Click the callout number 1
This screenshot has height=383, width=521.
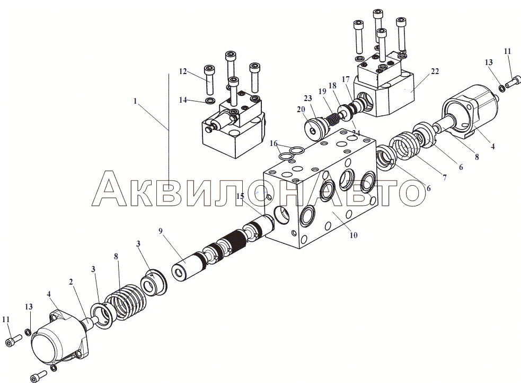pos(135,101)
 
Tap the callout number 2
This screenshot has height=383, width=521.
pos(71,282)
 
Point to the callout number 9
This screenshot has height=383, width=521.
pos(161,231)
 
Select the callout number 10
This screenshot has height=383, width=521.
pos(353,235)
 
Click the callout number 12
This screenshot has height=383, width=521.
pos(183,71)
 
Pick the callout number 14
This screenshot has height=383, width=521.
pos(183,100)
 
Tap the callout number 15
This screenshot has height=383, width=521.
pos(240,196)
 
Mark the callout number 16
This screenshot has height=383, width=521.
pos(273,143)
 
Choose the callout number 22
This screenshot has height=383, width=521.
pos(435,71)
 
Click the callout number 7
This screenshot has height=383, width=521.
pos(444,177)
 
